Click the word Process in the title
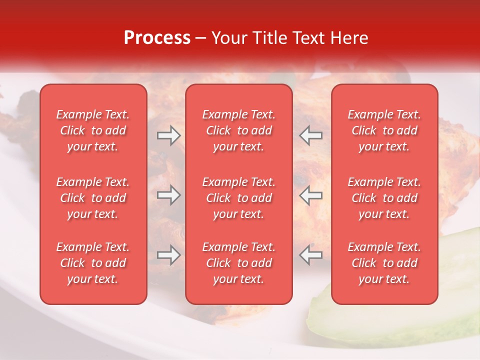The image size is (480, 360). (x=157, y=38)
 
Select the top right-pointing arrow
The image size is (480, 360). (x=168, y=135)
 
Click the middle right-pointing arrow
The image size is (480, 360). (x=168, y=195)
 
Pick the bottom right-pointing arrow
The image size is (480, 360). (x=168, y=255)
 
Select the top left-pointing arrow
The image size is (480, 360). (x=311, y=135)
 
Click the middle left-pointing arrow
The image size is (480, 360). (x=311, y=195)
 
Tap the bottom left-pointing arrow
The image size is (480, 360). (x=311, y=255)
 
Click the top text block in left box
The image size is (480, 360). (x=93, y=130)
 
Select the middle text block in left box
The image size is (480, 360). (x=93, y=198)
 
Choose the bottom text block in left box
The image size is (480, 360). (x=93, y=263)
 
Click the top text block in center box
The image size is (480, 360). (x=238, y=130)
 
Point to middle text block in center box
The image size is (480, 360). (x=238, y=198)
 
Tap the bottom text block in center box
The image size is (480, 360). (x=238, y=263)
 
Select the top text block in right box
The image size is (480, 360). (x=384, y=130)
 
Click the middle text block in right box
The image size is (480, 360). (x=384, y=198)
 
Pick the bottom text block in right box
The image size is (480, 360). (x=384, y=263)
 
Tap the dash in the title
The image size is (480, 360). (x=201, y=38)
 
